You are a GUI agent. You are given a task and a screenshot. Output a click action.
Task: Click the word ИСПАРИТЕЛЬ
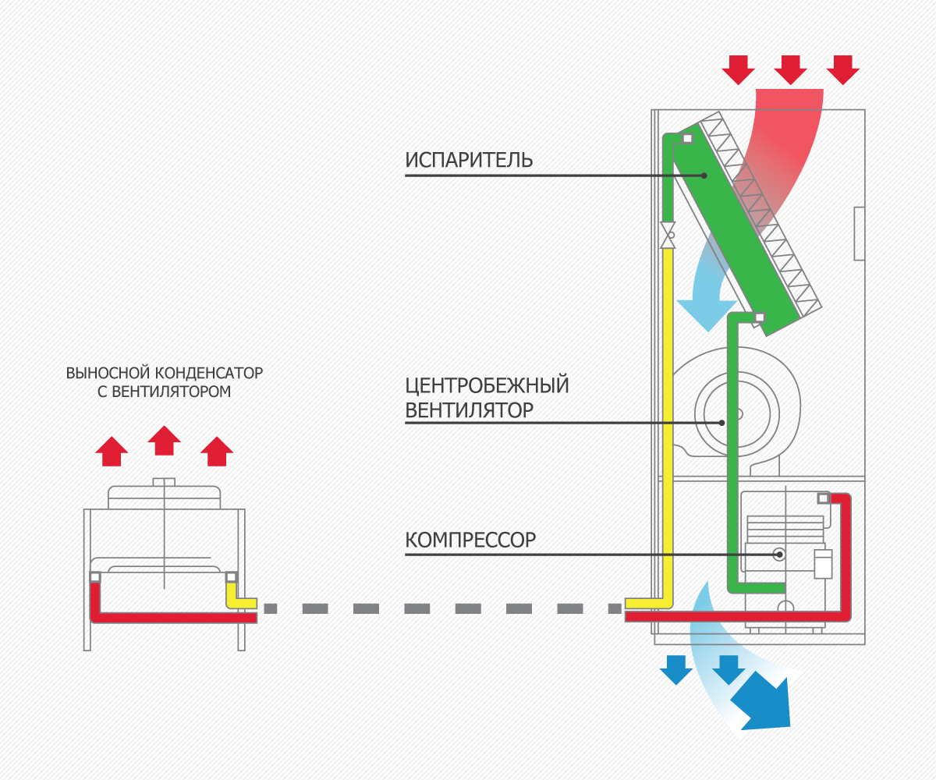pyautogui.click(x=469, y=160)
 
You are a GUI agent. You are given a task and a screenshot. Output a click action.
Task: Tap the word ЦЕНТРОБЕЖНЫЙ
pyautogui.click(x=487, y=385)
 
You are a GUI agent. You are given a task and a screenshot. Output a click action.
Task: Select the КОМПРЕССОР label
pyautogui.click(x=470, y=540)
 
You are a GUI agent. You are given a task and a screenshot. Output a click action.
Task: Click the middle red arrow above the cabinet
pyautogui.click(x=790, y=69)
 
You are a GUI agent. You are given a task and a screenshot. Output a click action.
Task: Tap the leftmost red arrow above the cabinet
pyautogui.click(x=738, y=69)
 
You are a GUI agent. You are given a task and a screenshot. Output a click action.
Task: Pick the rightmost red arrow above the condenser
pyautogui.click(x=216, y=451)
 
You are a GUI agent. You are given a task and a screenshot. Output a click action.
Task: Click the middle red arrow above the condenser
pyautogui.click(x=164, y=441)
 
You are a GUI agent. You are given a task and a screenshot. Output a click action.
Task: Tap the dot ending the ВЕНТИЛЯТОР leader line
pyautogui.click(x=722, y=423)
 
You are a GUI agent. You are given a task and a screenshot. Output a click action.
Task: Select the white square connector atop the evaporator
pyautogui.click(x=687, y=139)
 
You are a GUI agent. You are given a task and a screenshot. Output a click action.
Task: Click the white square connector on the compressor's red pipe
pyautogui.click(x=822, y=498)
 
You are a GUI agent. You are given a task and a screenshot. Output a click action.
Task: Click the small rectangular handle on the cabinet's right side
pyautogui.click(x=860, y=233)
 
